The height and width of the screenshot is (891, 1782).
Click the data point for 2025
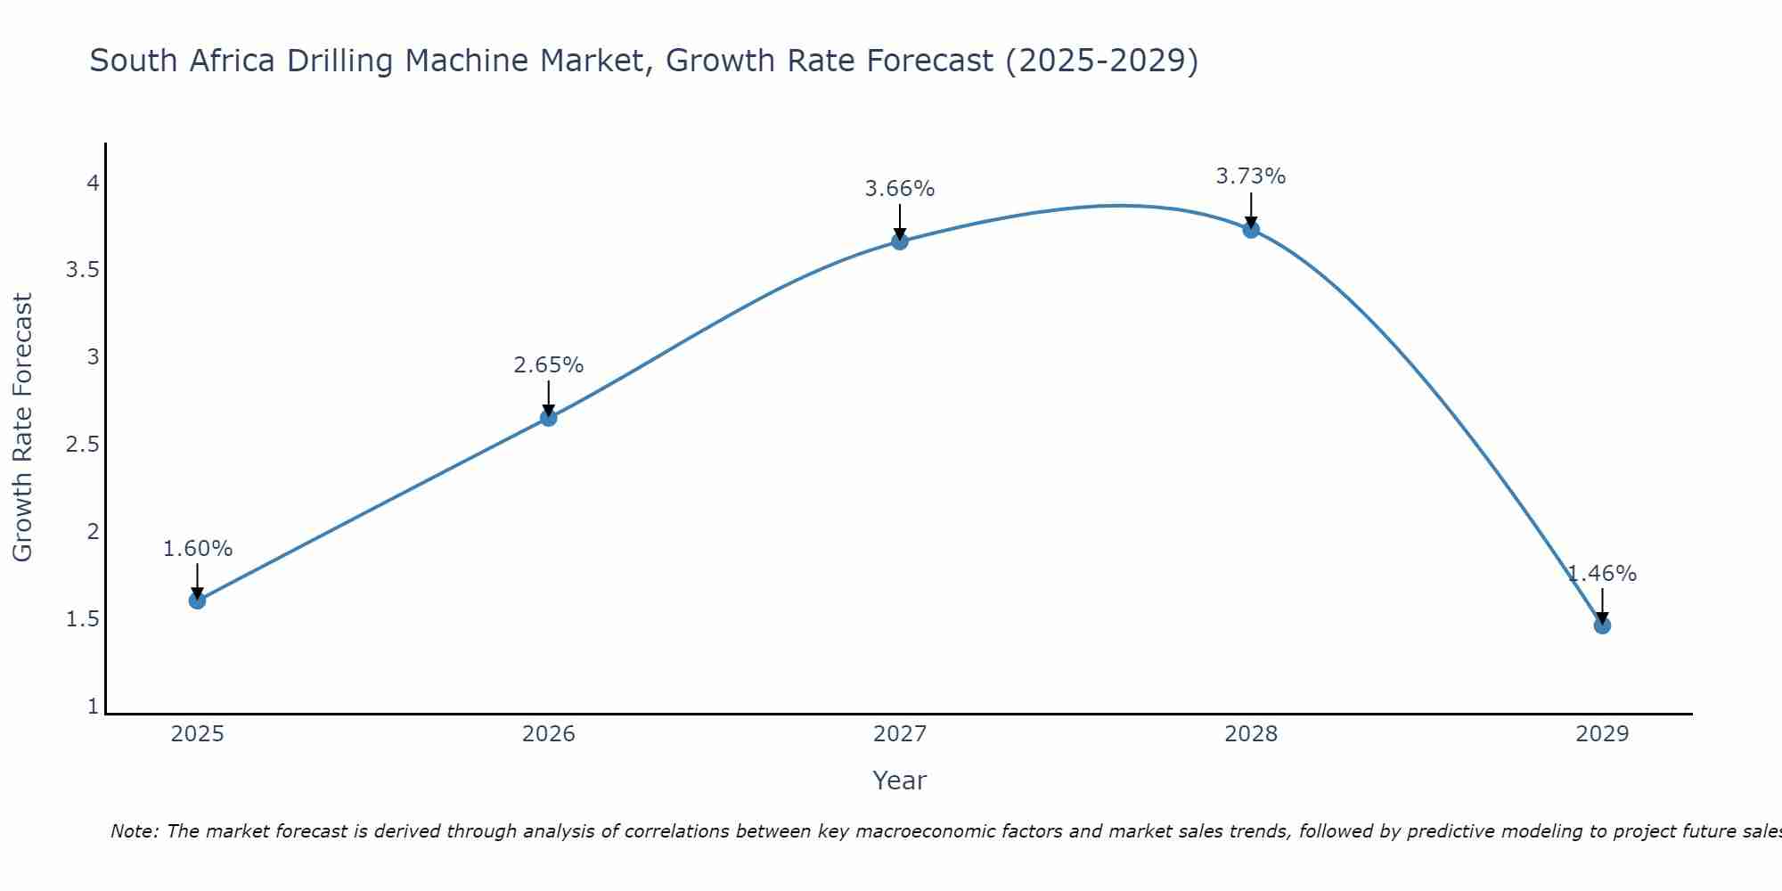click(197, 601)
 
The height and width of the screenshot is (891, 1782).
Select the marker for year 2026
click(548, 417)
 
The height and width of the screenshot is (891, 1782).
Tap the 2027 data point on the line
click(899, 241)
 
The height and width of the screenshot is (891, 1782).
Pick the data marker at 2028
click(1251, 229)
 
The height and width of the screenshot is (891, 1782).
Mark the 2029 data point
click(1602, 625)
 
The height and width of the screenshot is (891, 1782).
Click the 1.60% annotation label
click(197, 549)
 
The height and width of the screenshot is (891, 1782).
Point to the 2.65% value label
click(548, 365)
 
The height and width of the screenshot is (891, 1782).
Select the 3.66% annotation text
click(899, 189)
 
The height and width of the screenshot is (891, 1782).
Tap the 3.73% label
click(1251, 176)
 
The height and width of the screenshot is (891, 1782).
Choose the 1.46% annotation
click(1602, 574)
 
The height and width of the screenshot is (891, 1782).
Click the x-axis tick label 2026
click(548, 734)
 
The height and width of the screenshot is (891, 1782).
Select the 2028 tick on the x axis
click(1251, 734)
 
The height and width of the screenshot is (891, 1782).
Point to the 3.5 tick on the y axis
click(82, 270)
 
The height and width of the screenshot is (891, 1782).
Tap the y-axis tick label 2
click(92, 532)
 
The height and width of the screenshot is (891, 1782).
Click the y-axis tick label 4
click(92, 184)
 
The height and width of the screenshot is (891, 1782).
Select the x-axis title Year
click(899, 781)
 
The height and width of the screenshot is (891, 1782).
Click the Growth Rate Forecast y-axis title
click(22, 428)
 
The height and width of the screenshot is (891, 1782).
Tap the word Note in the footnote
click(134, 831)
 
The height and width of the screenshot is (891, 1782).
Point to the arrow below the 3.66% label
click(899, 221)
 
